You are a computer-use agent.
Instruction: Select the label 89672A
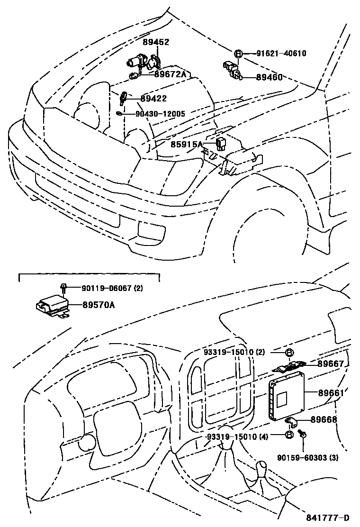[170, 74]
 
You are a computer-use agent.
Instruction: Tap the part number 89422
[154, 99]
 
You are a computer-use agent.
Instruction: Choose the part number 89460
[269, 77]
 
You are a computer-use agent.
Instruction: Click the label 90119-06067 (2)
[112, 288]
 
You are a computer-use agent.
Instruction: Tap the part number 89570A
[98, 305]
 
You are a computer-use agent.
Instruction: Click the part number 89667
[331, 363]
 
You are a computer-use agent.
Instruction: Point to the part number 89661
[331, 393]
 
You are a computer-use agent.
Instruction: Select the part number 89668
[324, 419]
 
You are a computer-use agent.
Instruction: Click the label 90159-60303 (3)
[308, 457]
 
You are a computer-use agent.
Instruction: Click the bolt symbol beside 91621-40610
[238, 54]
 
